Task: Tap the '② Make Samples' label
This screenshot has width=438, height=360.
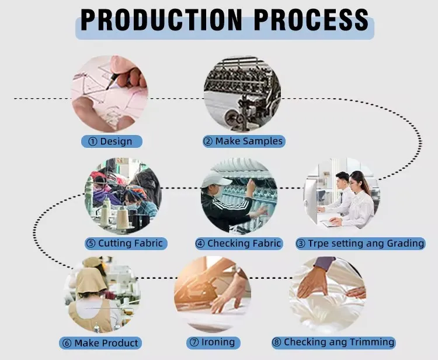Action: (243, 141)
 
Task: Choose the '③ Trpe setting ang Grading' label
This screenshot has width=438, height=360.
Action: (360, 243)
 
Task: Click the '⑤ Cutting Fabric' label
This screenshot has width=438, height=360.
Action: (124, 243)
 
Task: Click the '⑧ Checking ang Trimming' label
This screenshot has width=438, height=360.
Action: (333, 342)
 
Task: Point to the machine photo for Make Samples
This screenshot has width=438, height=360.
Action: (242, 94)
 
